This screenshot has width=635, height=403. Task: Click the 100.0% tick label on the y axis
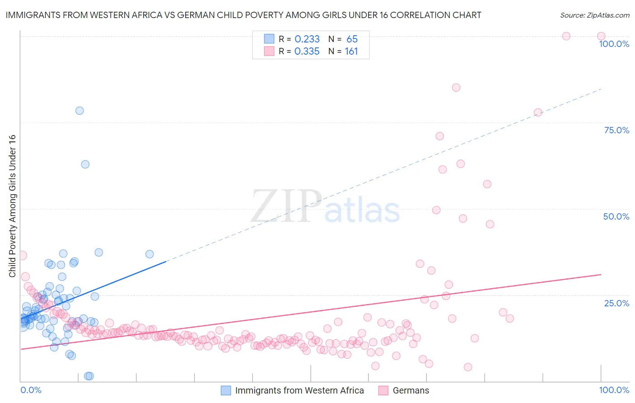point(614,44)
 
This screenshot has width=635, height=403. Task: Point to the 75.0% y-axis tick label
point(616,130)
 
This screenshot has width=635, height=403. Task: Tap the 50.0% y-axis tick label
point(616,216)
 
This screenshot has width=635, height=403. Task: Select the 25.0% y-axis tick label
point(616,303)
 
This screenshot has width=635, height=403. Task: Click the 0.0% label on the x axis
point(31,390)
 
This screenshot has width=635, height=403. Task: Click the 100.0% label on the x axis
point(614,390)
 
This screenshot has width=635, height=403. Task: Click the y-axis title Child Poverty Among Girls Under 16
point(12,206)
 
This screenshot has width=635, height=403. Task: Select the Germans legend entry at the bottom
point(411,390)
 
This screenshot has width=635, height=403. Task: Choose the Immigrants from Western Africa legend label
point(299,390)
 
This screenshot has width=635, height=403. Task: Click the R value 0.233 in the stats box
point(307,39)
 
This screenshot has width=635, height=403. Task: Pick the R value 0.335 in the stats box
point(307,52)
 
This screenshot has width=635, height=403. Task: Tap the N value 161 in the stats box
point(351,52)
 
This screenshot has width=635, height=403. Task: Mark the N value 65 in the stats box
point(352,39)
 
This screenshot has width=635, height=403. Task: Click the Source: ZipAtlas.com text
point(594,15)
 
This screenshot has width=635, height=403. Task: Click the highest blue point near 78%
point(79,111)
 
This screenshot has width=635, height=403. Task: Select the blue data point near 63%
point(85,164)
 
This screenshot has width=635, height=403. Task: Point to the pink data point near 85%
point(456,88)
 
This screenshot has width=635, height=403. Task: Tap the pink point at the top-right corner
point(601,36)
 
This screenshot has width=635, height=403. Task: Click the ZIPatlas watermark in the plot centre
point(325,206)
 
